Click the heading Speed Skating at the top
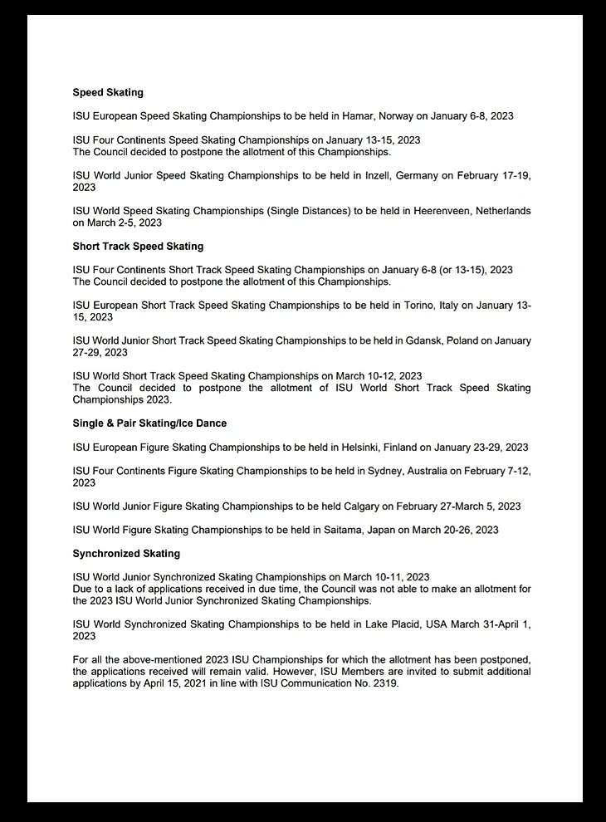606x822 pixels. coord(108,92)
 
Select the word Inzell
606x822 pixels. coord(412,176)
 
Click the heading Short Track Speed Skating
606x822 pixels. coord(138,247)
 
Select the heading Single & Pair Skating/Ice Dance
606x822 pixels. coord(149,423)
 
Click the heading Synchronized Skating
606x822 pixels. coord(126,553)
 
